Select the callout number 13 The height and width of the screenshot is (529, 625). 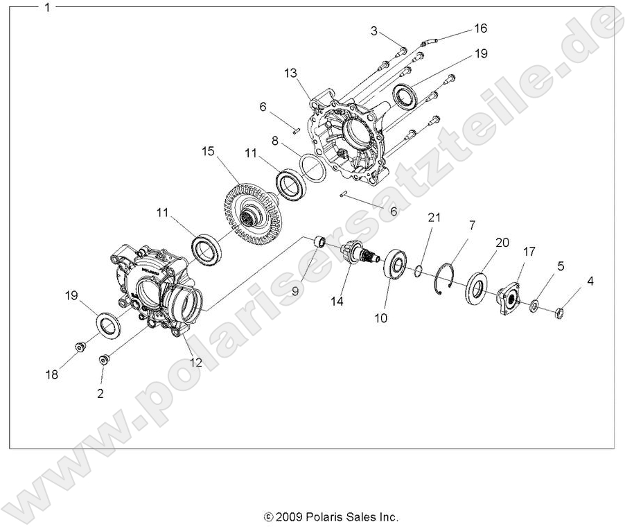(290, 74)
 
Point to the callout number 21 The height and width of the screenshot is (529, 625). (434, 218)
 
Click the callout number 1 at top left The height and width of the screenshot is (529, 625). (46, 8)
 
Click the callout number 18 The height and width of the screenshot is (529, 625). (52, 374)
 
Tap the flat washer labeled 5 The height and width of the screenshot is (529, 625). (535, 305)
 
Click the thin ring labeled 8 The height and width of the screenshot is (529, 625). (312, 169)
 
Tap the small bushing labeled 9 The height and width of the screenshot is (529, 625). (320, 242)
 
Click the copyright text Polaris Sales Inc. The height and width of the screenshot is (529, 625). (331, 517)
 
